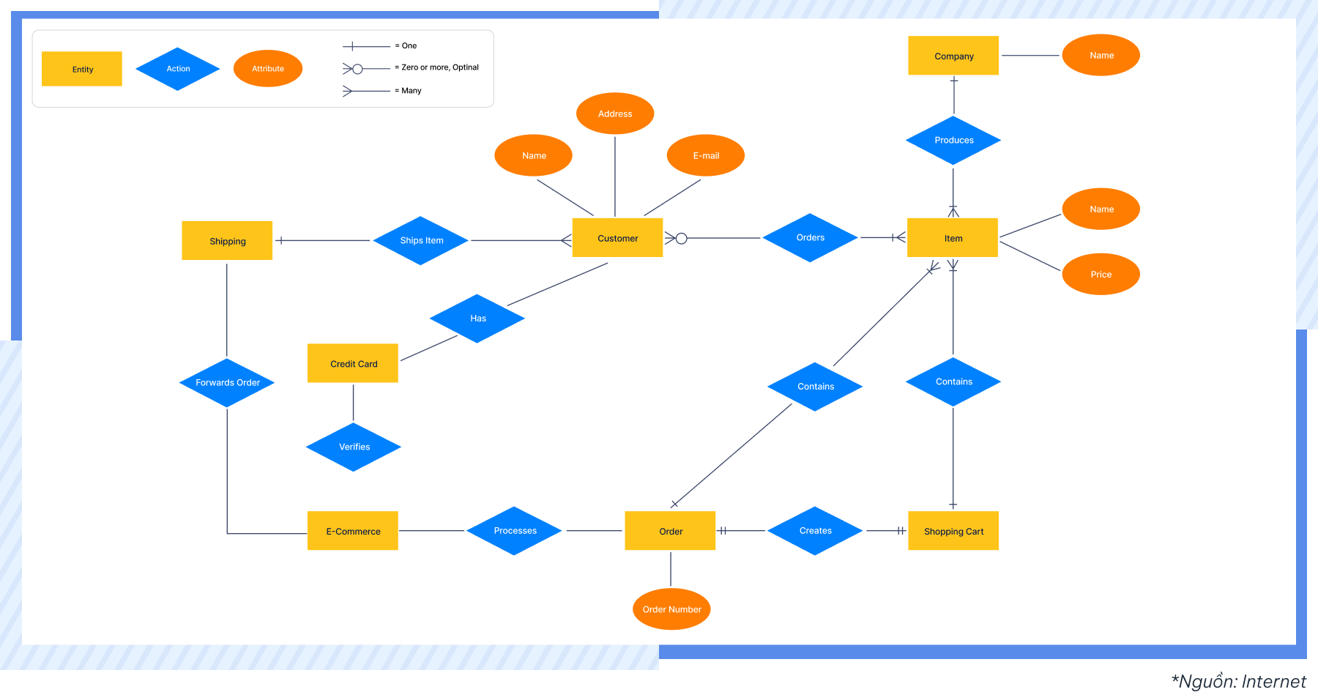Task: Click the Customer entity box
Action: click(x=617, y=238)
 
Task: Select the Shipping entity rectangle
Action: click(x=227, y=241)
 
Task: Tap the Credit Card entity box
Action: click(x=353, y=363)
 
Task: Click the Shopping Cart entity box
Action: click(x=953, y=531)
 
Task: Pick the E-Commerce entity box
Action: click(x=353, y=531)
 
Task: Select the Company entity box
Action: click(x=953, y=56)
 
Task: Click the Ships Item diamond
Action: click(x=421, y=240)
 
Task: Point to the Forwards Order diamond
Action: click(x=227, y=382)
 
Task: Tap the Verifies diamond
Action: click(x=354, y=447)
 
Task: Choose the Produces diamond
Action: click(x=953, y=140)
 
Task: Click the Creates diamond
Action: click(x=815, y=531)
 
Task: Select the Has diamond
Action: click(x=477, y=319)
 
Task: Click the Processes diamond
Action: click(x=515, y=531)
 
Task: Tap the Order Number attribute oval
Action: click(x=671, y=609)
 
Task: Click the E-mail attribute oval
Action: click(x=706, y=155)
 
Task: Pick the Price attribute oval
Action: click(x=1101, y=275)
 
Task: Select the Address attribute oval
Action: click(x=615, y=114)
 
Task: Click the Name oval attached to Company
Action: click(x=1101, y=56)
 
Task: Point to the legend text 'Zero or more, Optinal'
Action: click(x=439, y=67)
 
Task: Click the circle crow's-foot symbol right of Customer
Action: click(x=677, y=238)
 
